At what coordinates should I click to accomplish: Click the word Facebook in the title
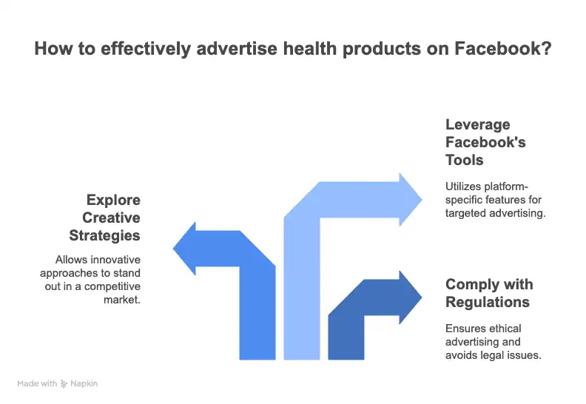click(497, 49)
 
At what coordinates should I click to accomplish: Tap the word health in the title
click(310, 49)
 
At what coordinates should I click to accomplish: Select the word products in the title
click(382, 50)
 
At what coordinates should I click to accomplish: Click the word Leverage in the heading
click(478, 125)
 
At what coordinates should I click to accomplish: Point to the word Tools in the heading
click(464, 160)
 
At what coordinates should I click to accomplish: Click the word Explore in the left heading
click(114, 200)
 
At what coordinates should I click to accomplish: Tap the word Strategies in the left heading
click(104, 235)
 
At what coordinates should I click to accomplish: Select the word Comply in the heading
click(472, 285)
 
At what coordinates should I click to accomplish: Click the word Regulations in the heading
click(488, 303)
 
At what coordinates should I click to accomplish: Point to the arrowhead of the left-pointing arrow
click(185, 249)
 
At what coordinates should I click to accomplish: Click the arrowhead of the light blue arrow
click(411, 200)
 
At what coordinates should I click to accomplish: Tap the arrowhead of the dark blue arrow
click(411, 297)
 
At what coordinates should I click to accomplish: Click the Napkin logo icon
click(64, 384)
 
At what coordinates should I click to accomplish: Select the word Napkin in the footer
click(84, 384)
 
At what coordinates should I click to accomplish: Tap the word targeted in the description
click(466, 213)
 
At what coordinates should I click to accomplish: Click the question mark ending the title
click(546, 49)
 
